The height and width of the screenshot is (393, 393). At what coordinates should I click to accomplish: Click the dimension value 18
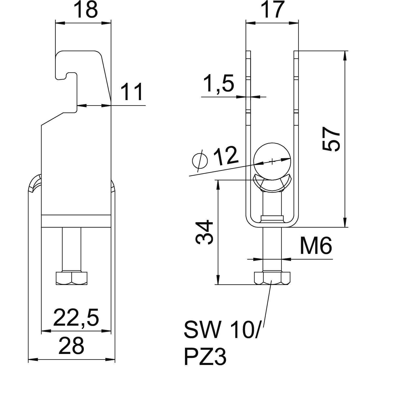click(85, 10)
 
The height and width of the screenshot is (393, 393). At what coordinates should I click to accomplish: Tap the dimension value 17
click(272, 10)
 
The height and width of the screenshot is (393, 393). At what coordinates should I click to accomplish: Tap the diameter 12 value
click(225, 156)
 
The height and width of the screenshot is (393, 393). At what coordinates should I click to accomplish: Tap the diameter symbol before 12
click(200, 160)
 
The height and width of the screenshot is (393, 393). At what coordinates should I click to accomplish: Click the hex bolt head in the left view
click(71, 278)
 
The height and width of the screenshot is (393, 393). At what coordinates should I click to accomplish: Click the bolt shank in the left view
click(72, 249)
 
